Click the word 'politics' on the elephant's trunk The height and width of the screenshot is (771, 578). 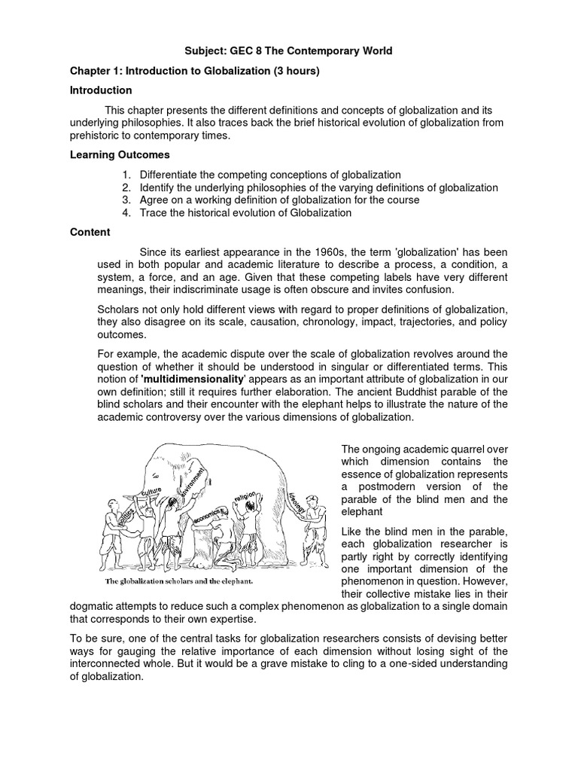click(x=123, y=517)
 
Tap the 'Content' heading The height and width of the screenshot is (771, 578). click(x=90, y=232)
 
